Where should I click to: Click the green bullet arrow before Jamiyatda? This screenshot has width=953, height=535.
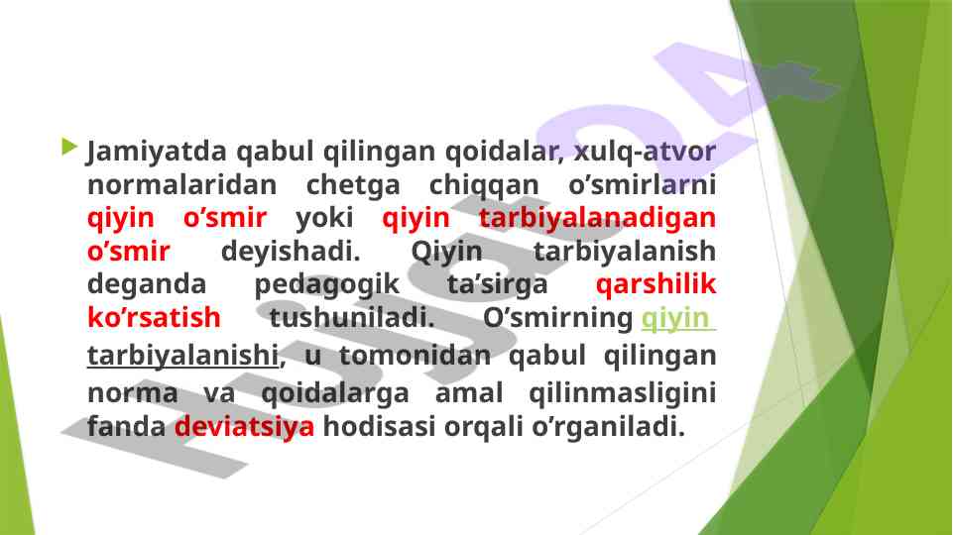pyautogui.click(x=69, y=147)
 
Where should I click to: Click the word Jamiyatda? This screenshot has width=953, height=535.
pyautogui.click(x=157, y=152)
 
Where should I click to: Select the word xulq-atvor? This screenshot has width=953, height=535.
pyautogui.click(x=645, y=152)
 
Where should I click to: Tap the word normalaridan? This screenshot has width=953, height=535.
pyautogui.click(x=182, y=184)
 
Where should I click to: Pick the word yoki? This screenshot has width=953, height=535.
pyautogui.click(x=324, y=217)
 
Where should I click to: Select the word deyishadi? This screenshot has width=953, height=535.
pyautogui.click(x=291, y=252)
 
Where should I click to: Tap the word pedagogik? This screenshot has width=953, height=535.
pyautogui.click(x=327, y=284)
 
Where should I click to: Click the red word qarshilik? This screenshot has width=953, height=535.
pyautogui.click(x=656, y=284)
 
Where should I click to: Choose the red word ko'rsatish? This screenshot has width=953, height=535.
pyautogui.click(x=154, y=317)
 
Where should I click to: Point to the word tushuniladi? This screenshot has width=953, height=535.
pyautogui.click(x=352, y=317)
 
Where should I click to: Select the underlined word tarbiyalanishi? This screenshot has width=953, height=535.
pyautogui.click(x=182, y=356)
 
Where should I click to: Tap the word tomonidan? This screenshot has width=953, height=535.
pyautogui.click(x=415, y=356)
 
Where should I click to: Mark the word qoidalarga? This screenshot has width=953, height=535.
pyautogui.click(x=335, y=393)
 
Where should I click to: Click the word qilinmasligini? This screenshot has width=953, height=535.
pyautogui.click(x=623, y=393)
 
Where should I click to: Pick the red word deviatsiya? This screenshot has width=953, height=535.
pyautogui.click(x=244, y=426)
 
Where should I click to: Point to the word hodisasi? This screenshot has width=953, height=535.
pyautogui.click(x=379, y=426)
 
